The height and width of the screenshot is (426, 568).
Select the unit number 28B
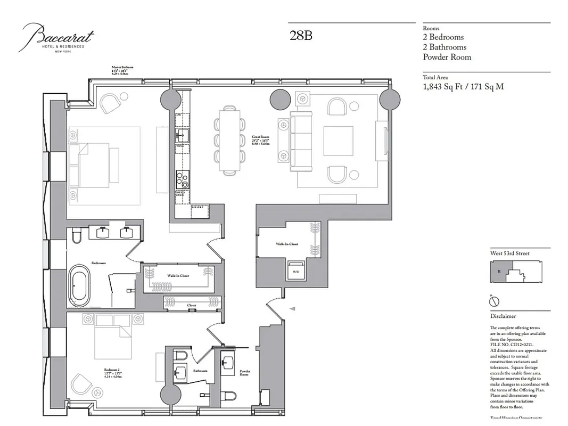pos(301,36)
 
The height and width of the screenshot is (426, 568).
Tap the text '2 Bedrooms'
pos(443,37)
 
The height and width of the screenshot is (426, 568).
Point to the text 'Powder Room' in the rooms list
pos(447,57)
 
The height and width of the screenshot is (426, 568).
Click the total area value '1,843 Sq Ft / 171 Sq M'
pos(463,86)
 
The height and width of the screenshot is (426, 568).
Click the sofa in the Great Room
pos(300,142)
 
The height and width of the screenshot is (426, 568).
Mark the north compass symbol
pos(495,301)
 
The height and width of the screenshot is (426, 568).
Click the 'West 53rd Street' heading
pos(509,253)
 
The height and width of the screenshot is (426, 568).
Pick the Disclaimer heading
pos(503,316)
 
